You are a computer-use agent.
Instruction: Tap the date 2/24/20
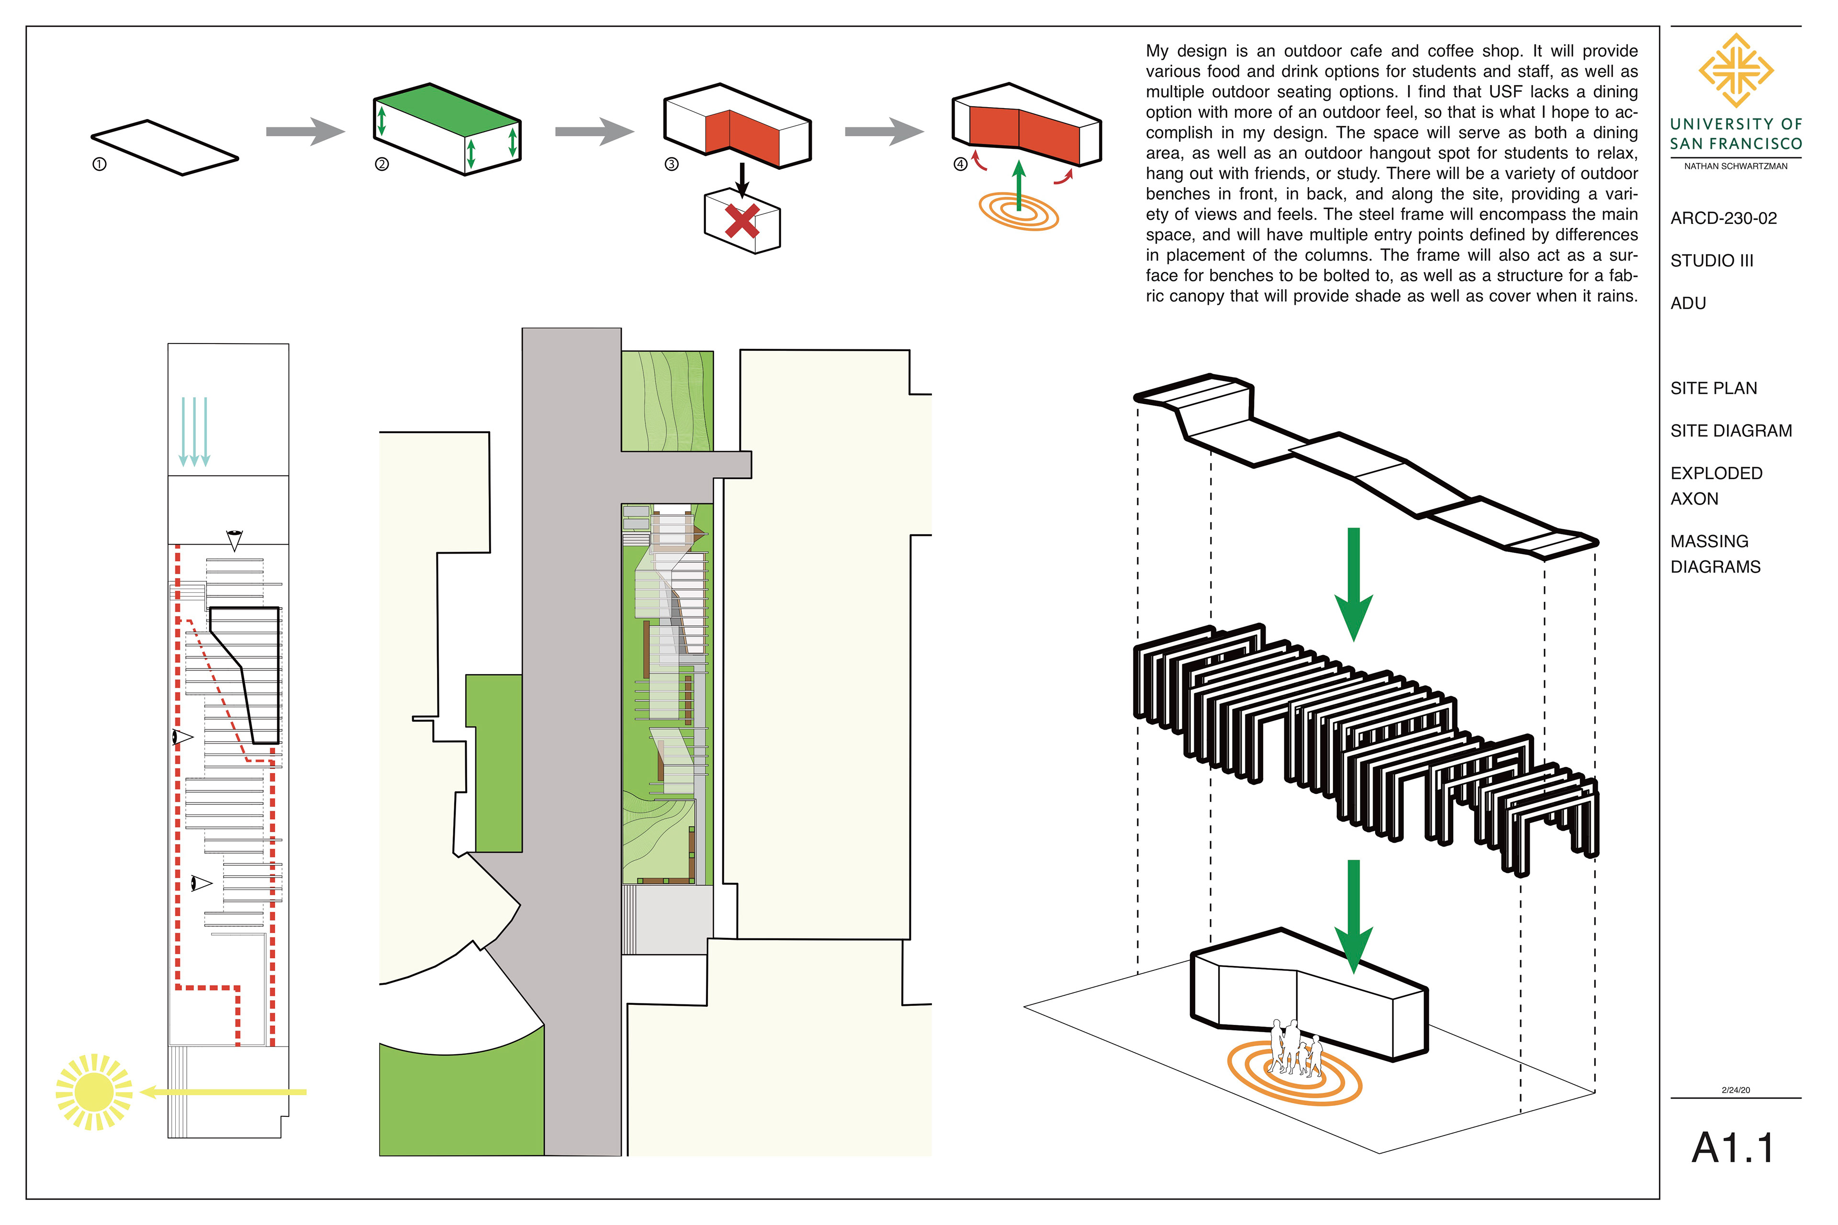(x=1736, y=1090)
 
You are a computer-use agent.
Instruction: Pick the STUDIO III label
(x=1712, y=261)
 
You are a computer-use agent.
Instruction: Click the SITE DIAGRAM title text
(x=1731, y=431)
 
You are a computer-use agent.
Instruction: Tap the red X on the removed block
(x=741, y=221)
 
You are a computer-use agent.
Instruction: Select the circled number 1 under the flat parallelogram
(x=99, y=165)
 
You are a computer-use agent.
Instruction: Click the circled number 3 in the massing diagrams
(x=671, y=164)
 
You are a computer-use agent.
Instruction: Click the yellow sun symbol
(x=94, y=1091)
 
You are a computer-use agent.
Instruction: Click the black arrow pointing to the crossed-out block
(x=742, y=178)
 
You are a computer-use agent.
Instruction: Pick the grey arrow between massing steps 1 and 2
(x=305, y=131)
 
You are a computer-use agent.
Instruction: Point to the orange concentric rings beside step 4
(x=1018, y=210)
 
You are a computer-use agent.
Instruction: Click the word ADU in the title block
(x=1688, y=303)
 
